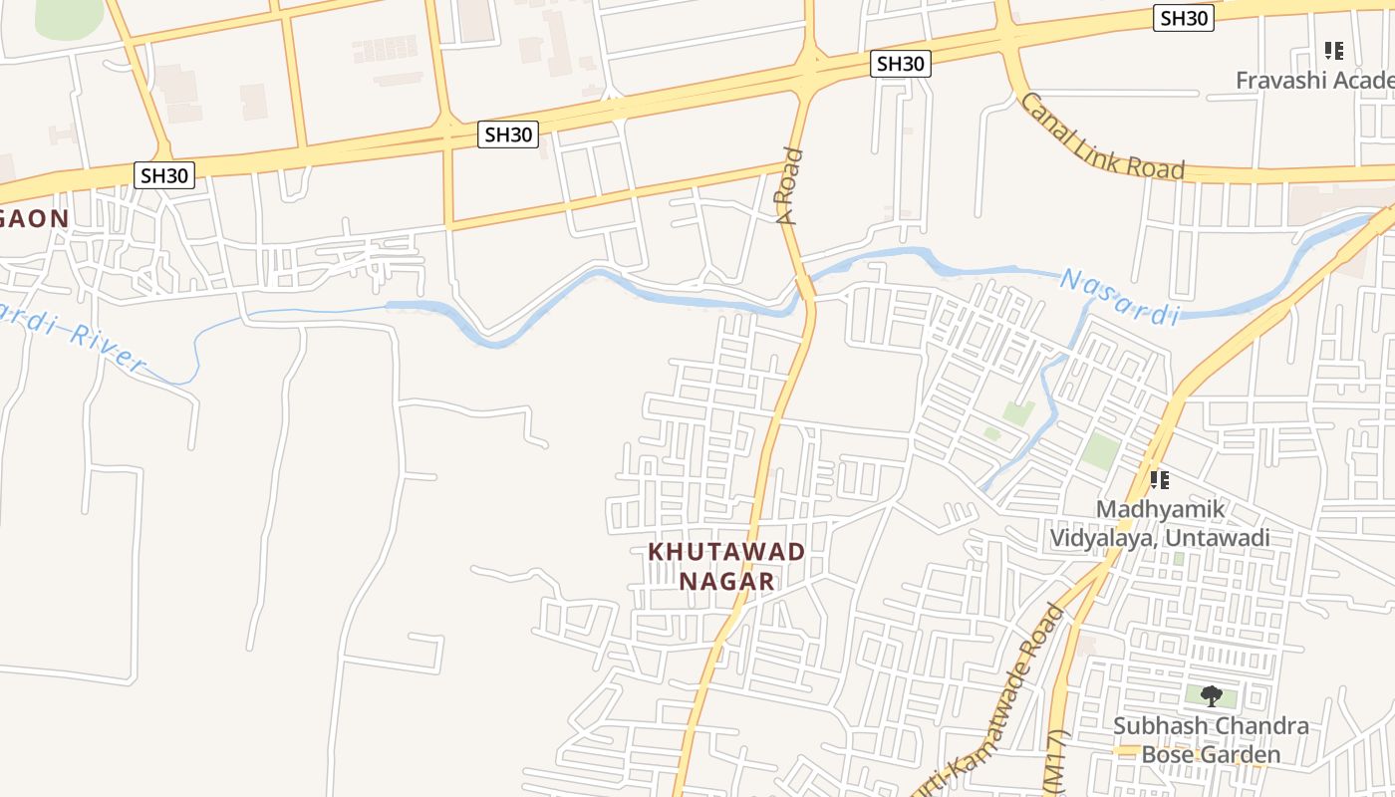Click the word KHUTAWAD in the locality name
pyautogui.click(x=726, y=551)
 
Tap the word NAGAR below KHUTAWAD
pyautogui.click(x=726, y=581)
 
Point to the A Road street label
pyautogui.click(x=790, y=186)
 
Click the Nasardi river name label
pyautogui.click(x=1119, y=296)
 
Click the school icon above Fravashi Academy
pyautogui.click(x=1333, y=50)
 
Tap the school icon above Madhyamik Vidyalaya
pyautogui.click(x=1159, y=480)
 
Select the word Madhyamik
pyautogui.click(x=1161, y=509)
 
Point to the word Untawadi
pyautogui.click(x=1218, y=538)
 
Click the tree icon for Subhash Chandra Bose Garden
pyautogui.click(x=1211, y=695)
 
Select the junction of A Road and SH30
pyautogui.click(x=808, y=66)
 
